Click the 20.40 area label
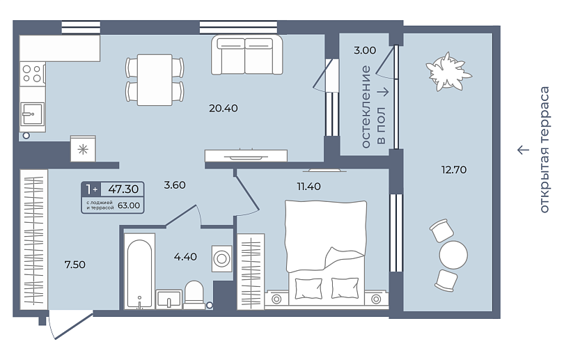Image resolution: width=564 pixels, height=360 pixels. [x=224, y=108]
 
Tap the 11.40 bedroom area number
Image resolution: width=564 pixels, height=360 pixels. [x=308, y=187]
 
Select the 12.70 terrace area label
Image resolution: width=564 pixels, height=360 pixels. [x=454, y=169]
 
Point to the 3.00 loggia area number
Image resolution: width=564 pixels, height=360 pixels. [x=365, y=50]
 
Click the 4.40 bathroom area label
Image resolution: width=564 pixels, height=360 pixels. [x=185, y=256]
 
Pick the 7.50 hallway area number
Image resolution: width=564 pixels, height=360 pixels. [x=75, y=265]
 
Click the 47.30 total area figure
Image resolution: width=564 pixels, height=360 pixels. [x=123, y=189]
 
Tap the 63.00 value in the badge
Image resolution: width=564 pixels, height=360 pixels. [x=129, y=205]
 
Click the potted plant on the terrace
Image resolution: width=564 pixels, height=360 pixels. [x=448, y=71]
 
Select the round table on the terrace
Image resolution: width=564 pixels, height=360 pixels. [x=453, y=255]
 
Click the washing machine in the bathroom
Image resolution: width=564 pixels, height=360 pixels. [x=221, y=258]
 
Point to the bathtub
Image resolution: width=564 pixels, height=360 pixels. [x=139, y=272]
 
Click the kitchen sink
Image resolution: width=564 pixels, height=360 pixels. [x=32, y=114]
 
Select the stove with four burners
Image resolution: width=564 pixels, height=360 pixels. [x=32, y=74]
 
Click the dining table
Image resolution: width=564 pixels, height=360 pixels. [x=155, y=79]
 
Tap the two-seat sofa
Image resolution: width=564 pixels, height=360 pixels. [x=246, y=55]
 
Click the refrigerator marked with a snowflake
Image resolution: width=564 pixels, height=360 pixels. [x=83, y=148]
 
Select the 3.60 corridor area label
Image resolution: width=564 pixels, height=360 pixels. [x=175, y=185]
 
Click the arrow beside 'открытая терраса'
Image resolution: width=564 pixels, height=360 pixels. [x=524, y=149]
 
